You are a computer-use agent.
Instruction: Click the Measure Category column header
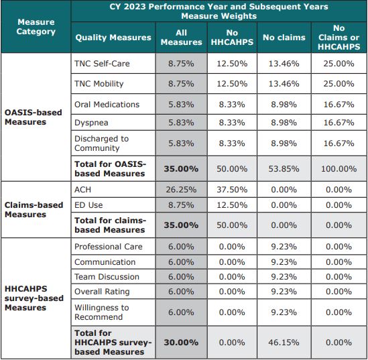click(x=36, y=27)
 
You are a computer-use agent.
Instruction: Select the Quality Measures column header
click(x=113, y=38)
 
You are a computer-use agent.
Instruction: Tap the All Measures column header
click(x=181, y=38)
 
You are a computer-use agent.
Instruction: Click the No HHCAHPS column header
click(x=232, y=38)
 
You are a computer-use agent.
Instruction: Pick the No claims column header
click(x=284, y=38)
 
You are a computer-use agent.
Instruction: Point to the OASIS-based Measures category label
click(x=34, y=117)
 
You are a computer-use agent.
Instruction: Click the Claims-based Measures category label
click(x=34, y=210)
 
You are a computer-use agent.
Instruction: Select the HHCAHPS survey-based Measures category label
click(x=34, y=298)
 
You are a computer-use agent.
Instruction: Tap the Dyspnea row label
click(x=91, y=123)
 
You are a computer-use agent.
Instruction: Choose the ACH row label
click(x=83, y=190)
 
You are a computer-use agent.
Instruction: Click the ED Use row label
click(x=88, y=204)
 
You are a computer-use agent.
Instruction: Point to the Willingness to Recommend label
click(x=101, y=312)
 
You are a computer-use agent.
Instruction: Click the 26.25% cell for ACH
click(x=181, y=190)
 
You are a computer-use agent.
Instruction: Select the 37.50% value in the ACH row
click(x=232, y=190)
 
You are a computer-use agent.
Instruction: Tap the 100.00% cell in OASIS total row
click(x=339, y=168)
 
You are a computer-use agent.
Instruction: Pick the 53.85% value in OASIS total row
click(x=284, y=168)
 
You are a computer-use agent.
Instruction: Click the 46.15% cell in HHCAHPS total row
click(x=284, y=342)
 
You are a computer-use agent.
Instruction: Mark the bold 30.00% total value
click(x=181, y=342)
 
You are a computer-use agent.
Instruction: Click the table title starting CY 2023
click(x=219, y=11)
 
